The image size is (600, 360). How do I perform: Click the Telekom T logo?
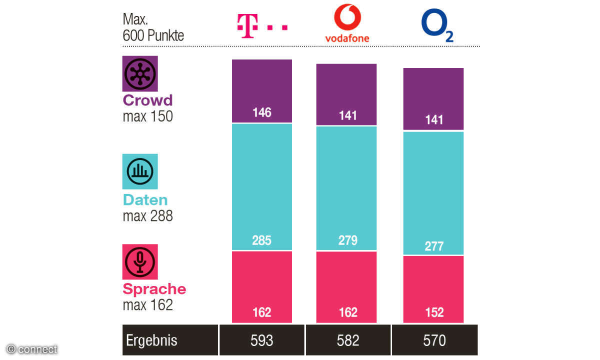pyautogui.click(x=261, y=26)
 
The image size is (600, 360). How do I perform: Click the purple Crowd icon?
pyautogui.click(x=140, y=73)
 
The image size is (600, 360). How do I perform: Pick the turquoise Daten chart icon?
pyautogui.click(x=140, y=171)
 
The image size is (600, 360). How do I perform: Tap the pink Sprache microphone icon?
pyautogui.click(x=140, y=261)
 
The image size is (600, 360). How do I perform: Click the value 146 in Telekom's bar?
pyautogui.click(x=262, y=112)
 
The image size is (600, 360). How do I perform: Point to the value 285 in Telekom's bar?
pyautogui.click(x=262, y=240)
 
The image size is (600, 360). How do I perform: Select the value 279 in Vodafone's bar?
pyautogui.click(x=348, y=240)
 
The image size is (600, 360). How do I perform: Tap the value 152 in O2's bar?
pyautogui.click(x=434, y=312)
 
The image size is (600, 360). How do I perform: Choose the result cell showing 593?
pyautogui.click(x=262, y=340)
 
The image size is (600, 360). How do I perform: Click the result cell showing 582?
pyautogui.click(x=348, y=340)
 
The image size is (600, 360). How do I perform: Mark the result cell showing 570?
pyautogui.click(x=434, y=340)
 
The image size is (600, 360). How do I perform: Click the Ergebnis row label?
pyautogui.click(x=151, y=340)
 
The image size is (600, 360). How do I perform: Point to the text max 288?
pyautogui.click(x=147, y=216)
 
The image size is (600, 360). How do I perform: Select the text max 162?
pyautogui.click(x=147, y=305)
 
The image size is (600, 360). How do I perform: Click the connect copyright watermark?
pyautogui.click(x=32, y=349)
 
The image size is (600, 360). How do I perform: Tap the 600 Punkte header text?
pyautogui.click(x=153, y=36)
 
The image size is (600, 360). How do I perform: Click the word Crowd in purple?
pyautogui.click(x=147, y=100)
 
